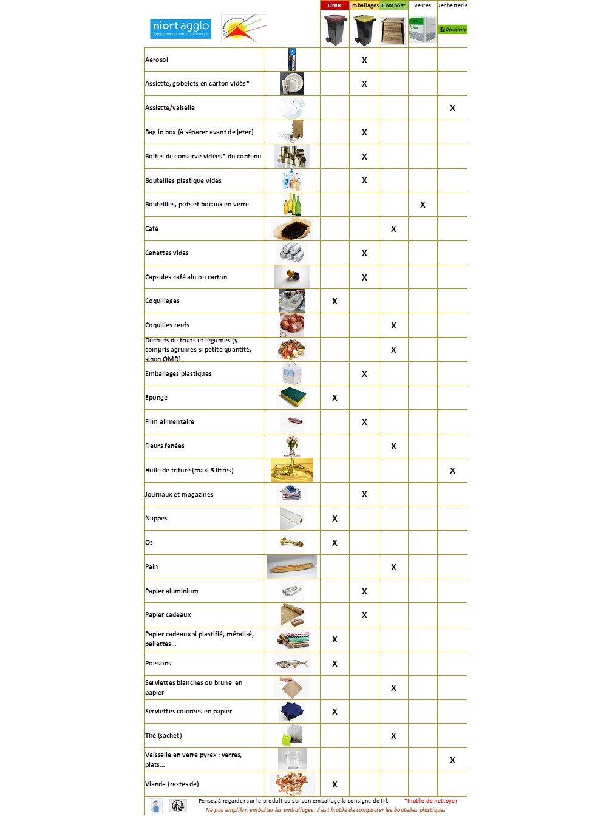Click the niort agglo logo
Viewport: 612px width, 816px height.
pos(180,28)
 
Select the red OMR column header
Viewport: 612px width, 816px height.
pos(335,5)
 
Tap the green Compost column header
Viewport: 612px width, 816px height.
pos(393,5)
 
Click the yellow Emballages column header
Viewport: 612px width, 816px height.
pos(364,5)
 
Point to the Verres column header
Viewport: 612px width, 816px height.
pos(423,5)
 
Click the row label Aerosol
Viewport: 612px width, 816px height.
pos(157,59)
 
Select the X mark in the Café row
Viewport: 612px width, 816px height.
pos(393,229)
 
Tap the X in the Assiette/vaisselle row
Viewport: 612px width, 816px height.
pos(452,108)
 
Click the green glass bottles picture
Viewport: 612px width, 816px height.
pos(292,205)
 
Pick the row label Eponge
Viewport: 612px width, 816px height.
pos(156,397)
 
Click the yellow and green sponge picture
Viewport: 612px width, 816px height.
pos(292,397)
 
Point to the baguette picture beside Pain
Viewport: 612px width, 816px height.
pos(292,567)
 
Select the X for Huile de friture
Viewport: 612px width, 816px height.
pos(452,471)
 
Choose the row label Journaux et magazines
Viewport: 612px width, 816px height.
pos(179,494)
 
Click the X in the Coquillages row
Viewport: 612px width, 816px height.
pos(335,301)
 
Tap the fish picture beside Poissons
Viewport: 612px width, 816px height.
pos(292,664)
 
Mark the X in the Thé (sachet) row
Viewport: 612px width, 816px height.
pos(393,736)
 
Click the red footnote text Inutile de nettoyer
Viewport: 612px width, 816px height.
pos(431,801)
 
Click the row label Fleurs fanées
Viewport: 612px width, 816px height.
pos(165,446)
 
